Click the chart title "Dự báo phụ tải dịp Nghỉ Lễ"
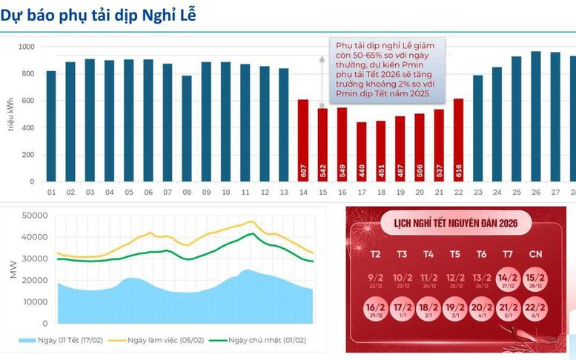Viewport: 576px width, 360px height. (x=98, y=14)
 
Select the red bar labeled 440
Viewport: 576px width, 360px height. (x=362, y=152)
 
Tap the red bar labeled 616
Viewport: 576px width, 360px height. (x=458, y=140)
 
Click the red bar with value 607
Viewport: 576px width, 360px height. (x=303, y=141)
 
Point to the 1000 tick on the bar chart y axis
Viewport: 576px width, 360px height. (x=27, y=47)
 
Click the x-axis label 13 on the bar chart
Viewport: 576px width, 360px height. (x=284, y=193)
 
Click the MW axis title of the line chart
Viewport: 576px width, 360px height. (x=13, y=270)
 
